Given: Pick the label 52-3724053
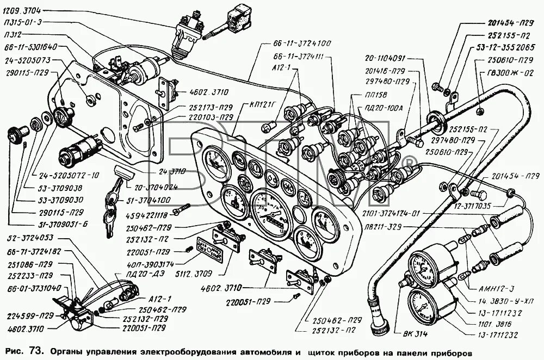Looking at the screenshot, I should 30,238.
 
